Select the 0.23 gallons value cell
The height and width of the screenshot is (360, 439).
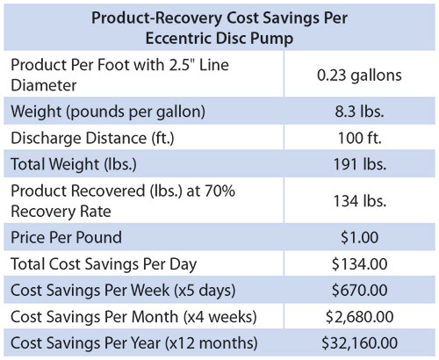[x=359, y=76]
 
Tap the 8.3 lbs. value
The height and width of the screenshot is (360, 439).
[x=359, y=112]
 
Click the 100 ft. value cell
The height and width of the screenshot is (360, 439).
[x=359, y=138]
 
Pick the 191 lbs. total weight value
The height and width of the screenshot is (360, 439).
[x=359, y=163]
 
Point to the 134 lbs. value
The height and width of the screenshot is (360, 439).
[x=359, y=200]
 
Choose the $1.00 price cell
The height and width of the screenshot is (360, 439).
[x=359, y=237]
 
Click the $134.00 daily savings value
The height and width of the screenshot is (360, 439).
[x=359, y=263]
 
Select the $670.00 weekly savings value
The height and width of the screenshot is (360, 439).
[x=359, y=289]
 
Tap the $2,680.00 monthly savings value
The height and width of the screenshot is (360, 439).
[x=359, y=314]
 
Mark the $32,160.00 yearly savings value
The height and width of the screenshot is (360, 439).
[x=359, y=340]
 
